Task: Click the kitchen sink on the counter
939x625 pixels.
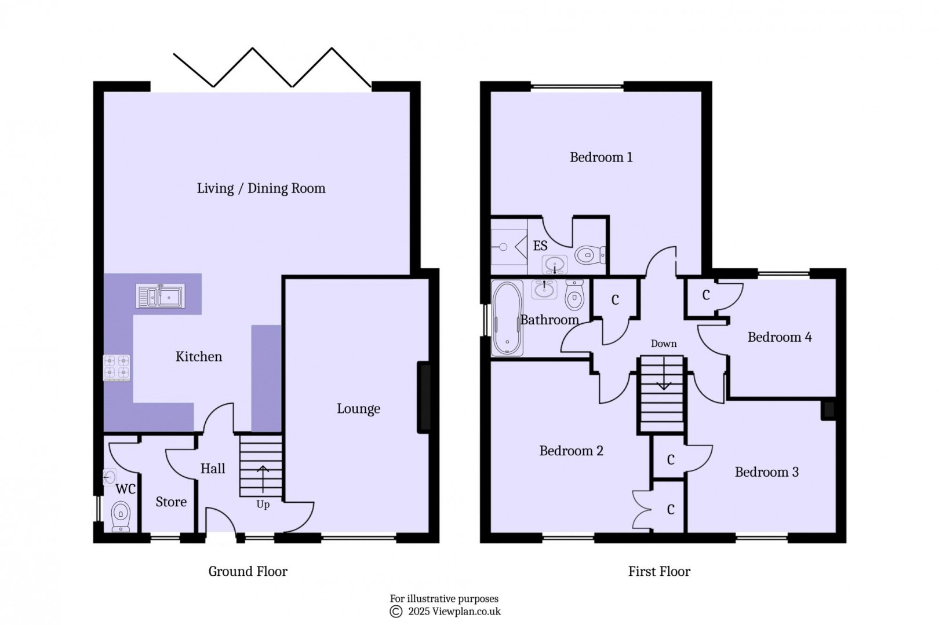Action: pyautogui.click(x=161, y=296)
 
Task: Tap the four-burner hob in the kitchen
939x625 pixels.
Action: pyautogui.click(x=117, y=368)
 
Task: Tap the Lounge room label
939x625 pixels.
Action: pyautogui.click(x=358, y=409)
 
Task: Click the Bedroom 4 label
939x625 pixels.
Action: pyautogui.click(x=779, y=337)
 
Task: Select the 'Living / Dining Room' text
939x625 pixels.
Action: pyautogui.click(x=261, y=188)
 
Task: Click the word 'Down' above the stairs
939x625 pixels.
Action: pyautogui.click(x=663, y=343)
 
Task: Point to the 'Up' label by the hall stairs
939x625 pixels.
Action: pyautogui.click(x=263, y=505)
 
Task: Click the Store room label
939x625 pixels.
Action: pyautogui.click(x=171, y=502)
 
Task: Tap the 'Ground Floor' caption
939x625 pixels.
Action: pyautogui.click(x=248, y=572)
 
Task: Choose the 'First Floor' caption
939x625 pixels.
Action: pyautogui.click(x=659, y=572)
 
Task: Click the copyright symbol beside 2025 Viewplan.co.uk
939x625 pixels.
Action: pyautogui.click(x=396, y=611)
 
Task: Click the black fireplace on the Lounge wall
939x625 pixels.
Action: pyautogui.click(x=424, y=397)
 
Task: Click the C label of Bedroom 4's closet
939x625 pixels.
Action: pyautogui.click(x=705, y=295)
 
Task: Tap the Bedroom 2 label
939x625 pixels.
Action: pyautogui.click(x=571, y=451)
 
